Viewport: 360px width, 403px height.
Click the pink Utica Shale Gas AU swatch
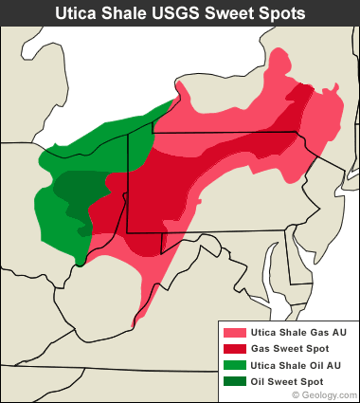[232, 333]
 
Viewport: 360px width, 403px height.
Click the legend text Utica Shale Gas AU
[297, 333]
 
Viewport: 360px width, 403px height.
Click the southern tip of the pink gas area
[135, 321]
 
